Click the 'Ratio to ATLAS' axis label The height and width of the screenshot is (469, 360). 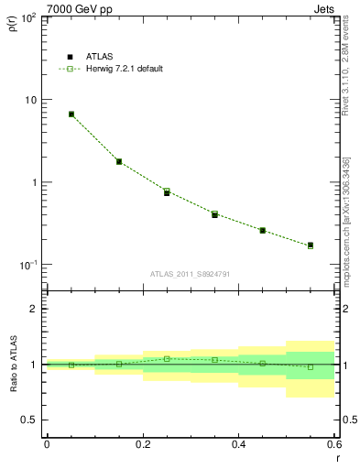click(11, 364)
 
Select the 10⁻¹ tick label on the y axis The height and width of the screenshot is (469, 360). click(27, 265)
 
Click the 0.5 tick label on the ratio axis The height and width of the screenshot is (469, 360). click(29, 420)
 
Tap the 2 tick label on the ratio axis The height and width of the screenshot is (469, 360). click(35, 309)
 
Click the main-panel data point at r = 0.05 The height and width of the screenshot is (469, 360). click(71, 115)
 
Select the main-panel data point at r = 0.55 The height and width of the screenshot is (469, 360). click(311, 245)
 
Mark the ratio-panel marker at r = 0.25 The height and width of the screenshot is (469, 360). click(167, 358)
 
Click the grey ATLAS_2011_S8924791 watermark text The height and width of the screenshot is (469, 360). click(191, 273)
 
